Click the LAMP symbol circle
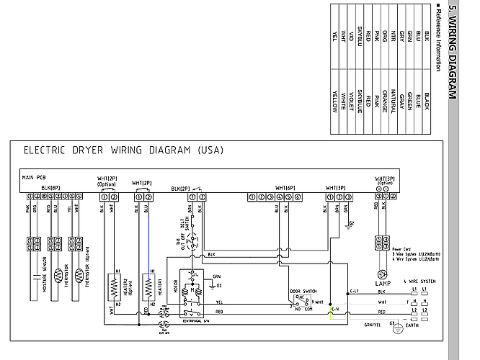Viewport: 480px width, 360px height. (x=380, y=274)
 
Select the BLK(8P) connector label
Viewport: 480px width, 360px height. (x=51, y=187)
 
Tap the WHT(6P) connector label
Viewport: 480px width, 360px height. (x=285, y=187)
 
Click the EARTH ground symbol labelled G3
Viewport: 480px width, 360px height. (x=394, y=324)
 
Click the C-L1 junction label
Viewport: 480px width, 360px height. (x=354, y=290)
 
